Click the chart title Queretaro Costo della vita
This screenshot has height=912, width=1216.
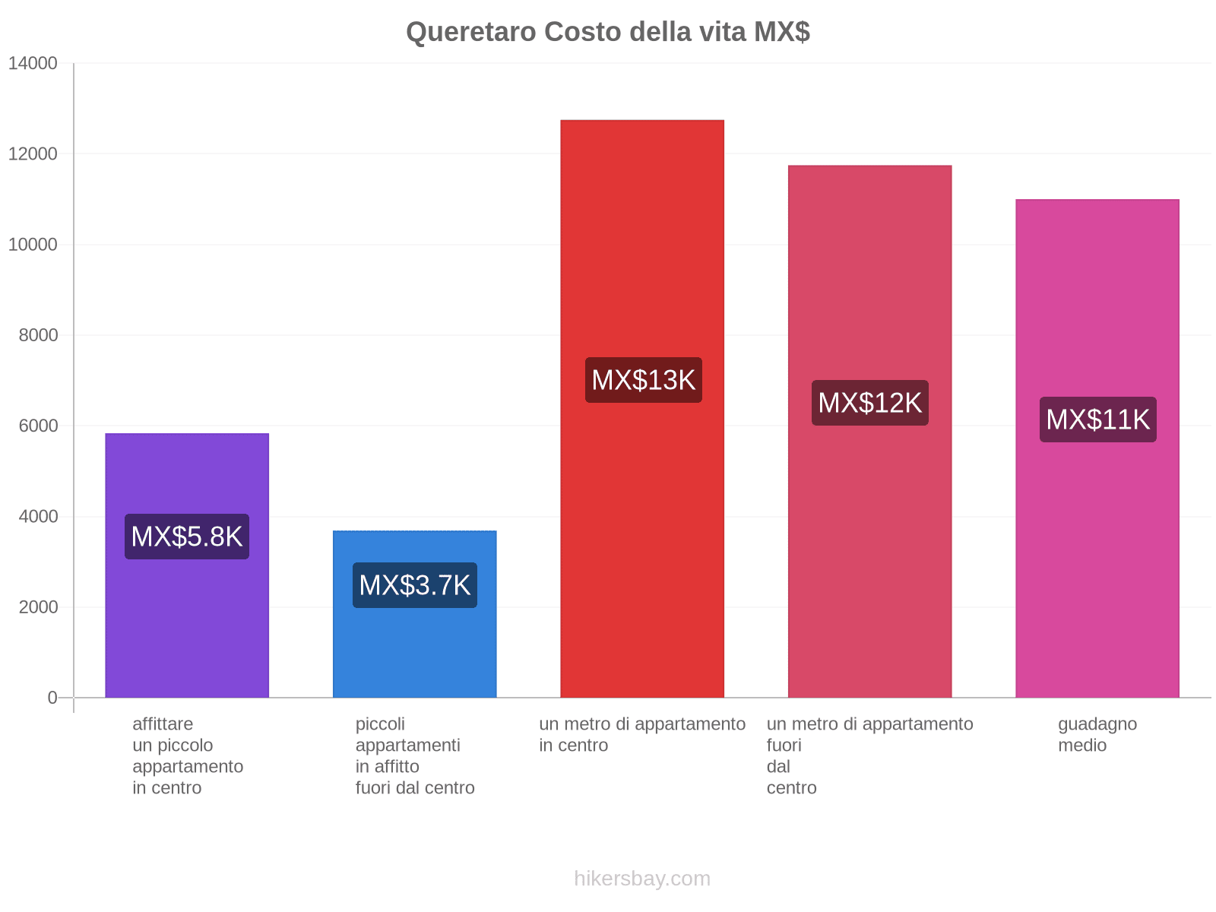(x=607, y=32)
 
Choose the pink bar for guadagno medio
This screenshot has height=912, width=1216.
(x=1097, y=570)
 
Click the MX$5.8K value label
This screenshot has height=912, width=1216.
(x=187, y=537)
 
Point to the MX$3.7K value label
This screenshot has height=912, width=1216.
(x=415, y=585)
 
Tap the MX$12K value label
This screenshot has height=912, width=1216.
(x=869, y=403)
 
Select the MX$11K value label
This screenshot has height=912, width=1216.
(x=1097, y=420)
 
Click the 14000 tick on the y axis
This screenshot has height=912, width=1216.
(x=33, y=64)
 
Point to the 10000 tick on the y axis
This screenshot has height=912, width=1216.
(x=33, y=245)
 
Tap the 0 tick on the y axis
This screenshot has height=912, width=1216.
(x=52, y=698)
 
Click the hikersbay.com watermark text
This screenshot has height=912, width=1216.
(x=642, y=879)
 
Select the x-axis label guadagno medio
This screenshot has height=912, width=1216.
(x=1097, y=734)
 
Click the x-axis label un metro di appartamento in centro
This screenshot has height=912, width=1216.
(x=642, y=734)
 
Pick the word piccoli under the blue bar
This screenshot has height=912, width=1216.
(x=380, y=724)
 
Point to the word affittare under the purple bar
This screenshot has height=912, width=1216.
(x=163, y=724)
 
